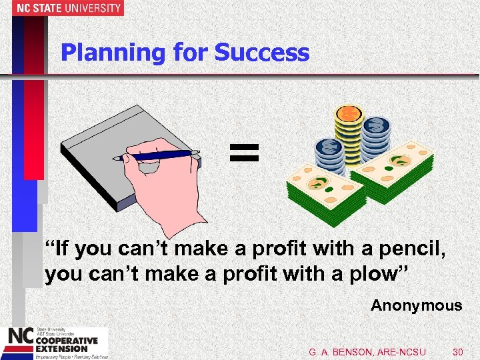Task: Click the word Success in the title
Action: (272, 53)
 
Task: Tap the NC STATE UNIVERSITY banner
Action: (62, 8)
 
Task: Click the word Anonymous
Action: (416, 305)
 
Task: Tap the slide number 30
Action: (457, 351)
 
